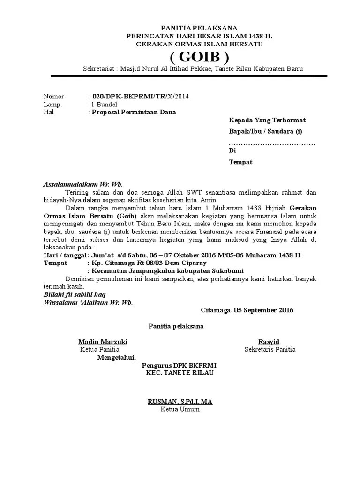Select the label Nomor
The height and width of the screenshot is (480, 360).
(x=54, y=97)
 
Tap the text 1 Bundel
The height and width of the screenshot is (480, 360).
(x=104, y=105)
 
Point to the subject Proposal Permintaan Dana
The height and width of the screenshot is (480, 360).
(x=134, y=112)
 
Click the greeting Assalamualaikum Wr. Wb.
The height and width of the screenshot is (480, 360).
(x=82, y=184)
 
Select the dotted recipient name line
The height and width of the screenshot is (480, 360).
(x=272, y=142)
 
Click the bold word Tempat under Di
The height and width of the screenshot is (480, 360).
(x=240, y=162)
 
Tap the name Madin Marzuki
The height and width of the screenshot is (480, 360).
(x=103, y=342)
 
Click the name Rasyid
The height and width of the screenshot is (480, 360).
(x=269, y=342)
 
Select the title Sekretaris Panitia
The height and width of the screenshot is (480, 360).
(x=270, y=350)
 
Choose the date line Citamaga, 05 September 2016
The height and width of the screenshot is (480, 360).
(x=247, y=310)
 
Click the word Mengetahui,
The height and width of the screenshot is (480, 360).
(x=117, y=357)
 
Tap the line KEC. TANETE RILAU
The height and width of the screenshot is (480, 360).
(x=180, y=373)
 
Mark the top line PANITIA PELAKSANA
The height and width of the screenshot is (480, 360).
(x=200, y=28)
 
